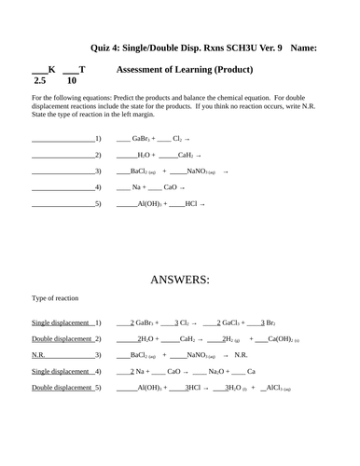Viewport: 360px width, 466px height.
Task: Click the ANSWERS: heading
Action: click(180, 279)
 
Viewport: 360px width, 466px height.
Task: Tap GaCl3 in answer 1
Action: click(234, 322)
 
